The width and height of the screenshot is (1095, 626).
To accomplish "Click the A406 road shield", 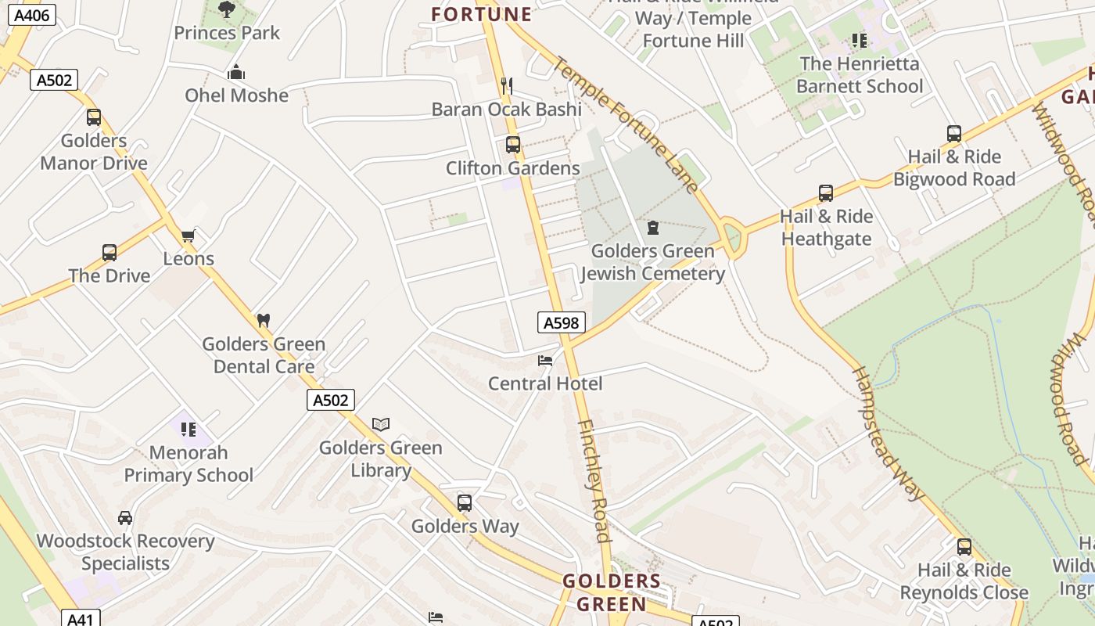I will [31, 15].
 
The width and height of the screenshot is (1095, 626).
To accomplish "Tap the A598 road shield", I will [562, 322].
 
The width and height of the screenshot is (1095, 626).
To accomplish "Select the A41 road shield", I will [80, 619].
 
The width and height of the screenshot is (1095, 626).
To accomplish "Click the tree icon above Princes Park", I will [227, 10].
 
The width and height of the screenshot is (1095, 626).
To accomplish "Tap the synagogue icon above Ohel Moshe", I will [236, 73].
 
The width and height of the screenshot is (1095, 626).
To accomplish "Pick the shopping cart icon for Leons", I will [188, 236].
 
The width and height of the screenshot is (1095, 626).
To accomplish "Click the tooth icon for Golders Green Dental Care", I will [264, 320].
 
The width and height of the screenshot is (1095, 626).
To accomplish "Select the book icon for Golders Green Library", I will [381, 424].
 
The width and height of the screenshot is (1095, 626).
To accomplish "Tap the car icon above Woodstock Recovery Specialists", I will [125, 517].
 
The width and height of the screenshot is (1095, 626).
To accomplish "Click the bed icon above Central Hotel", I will [545, 360].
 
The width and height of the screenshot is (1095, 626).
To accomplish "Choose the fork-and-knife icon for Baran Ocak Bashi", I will [507, 85].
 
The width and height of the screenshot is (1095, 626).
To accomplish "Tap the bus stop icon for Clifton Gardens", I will [513, 145].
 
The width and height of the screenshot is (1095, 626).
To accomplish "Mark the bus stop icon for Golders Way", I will [465, 502].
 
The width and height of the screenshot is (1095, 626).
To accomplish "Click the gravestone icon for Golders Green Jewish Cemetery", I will [653, 228].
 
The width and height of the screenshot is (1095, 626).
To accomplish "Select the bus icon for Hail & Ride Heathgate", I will [826, 192].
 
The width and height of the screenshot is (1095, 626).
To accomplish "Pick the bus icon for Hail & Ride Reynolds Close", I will [964, 546].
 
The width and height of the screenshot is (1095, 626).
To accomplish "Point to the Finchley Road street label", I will [594, 480].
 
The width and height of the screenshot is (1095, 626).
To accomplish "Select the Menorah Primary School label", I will [188, 464].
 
